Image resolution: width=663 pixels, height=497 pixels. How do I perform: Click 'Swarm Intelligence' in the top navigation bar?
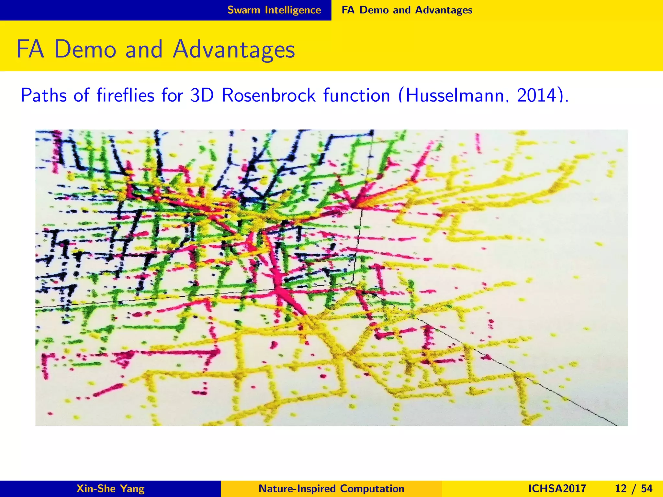[274, 10]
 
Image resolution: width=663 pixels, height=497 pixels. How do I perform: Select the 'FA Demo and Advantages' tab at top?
[407, 10]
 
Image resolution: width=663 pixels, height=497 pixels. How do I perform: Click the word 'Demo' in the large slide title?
[85, 50]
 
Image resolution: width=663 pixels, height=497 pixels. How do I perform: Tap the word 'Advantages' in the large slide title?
[234, 50]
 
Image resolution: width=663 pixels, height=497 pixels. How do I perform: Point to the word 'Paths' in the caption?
[44, 95]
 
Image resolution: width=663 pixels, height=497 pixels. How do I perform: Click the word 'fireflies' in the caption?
[126, 95]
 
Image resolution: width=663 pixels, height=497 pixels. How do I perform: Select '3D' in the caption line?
[201, 95]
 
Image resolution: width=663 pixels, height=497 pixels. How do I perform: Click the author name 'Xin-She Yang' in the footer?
[110, 489]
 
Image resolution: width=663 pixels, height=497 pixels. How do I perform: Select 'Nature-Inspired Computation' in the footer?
[331, 489]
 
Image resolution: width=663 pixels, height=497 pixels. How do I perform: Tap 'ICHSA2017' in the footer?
[557, 489]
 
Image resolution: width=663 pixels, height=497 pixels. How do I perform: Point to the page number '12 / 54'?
[634, 489]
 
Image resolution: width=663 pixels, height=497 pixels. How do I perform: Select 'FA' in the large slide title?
[30, 50]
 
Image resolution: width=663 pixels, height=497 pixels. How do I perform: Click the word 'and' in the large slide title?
[144, 50]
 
